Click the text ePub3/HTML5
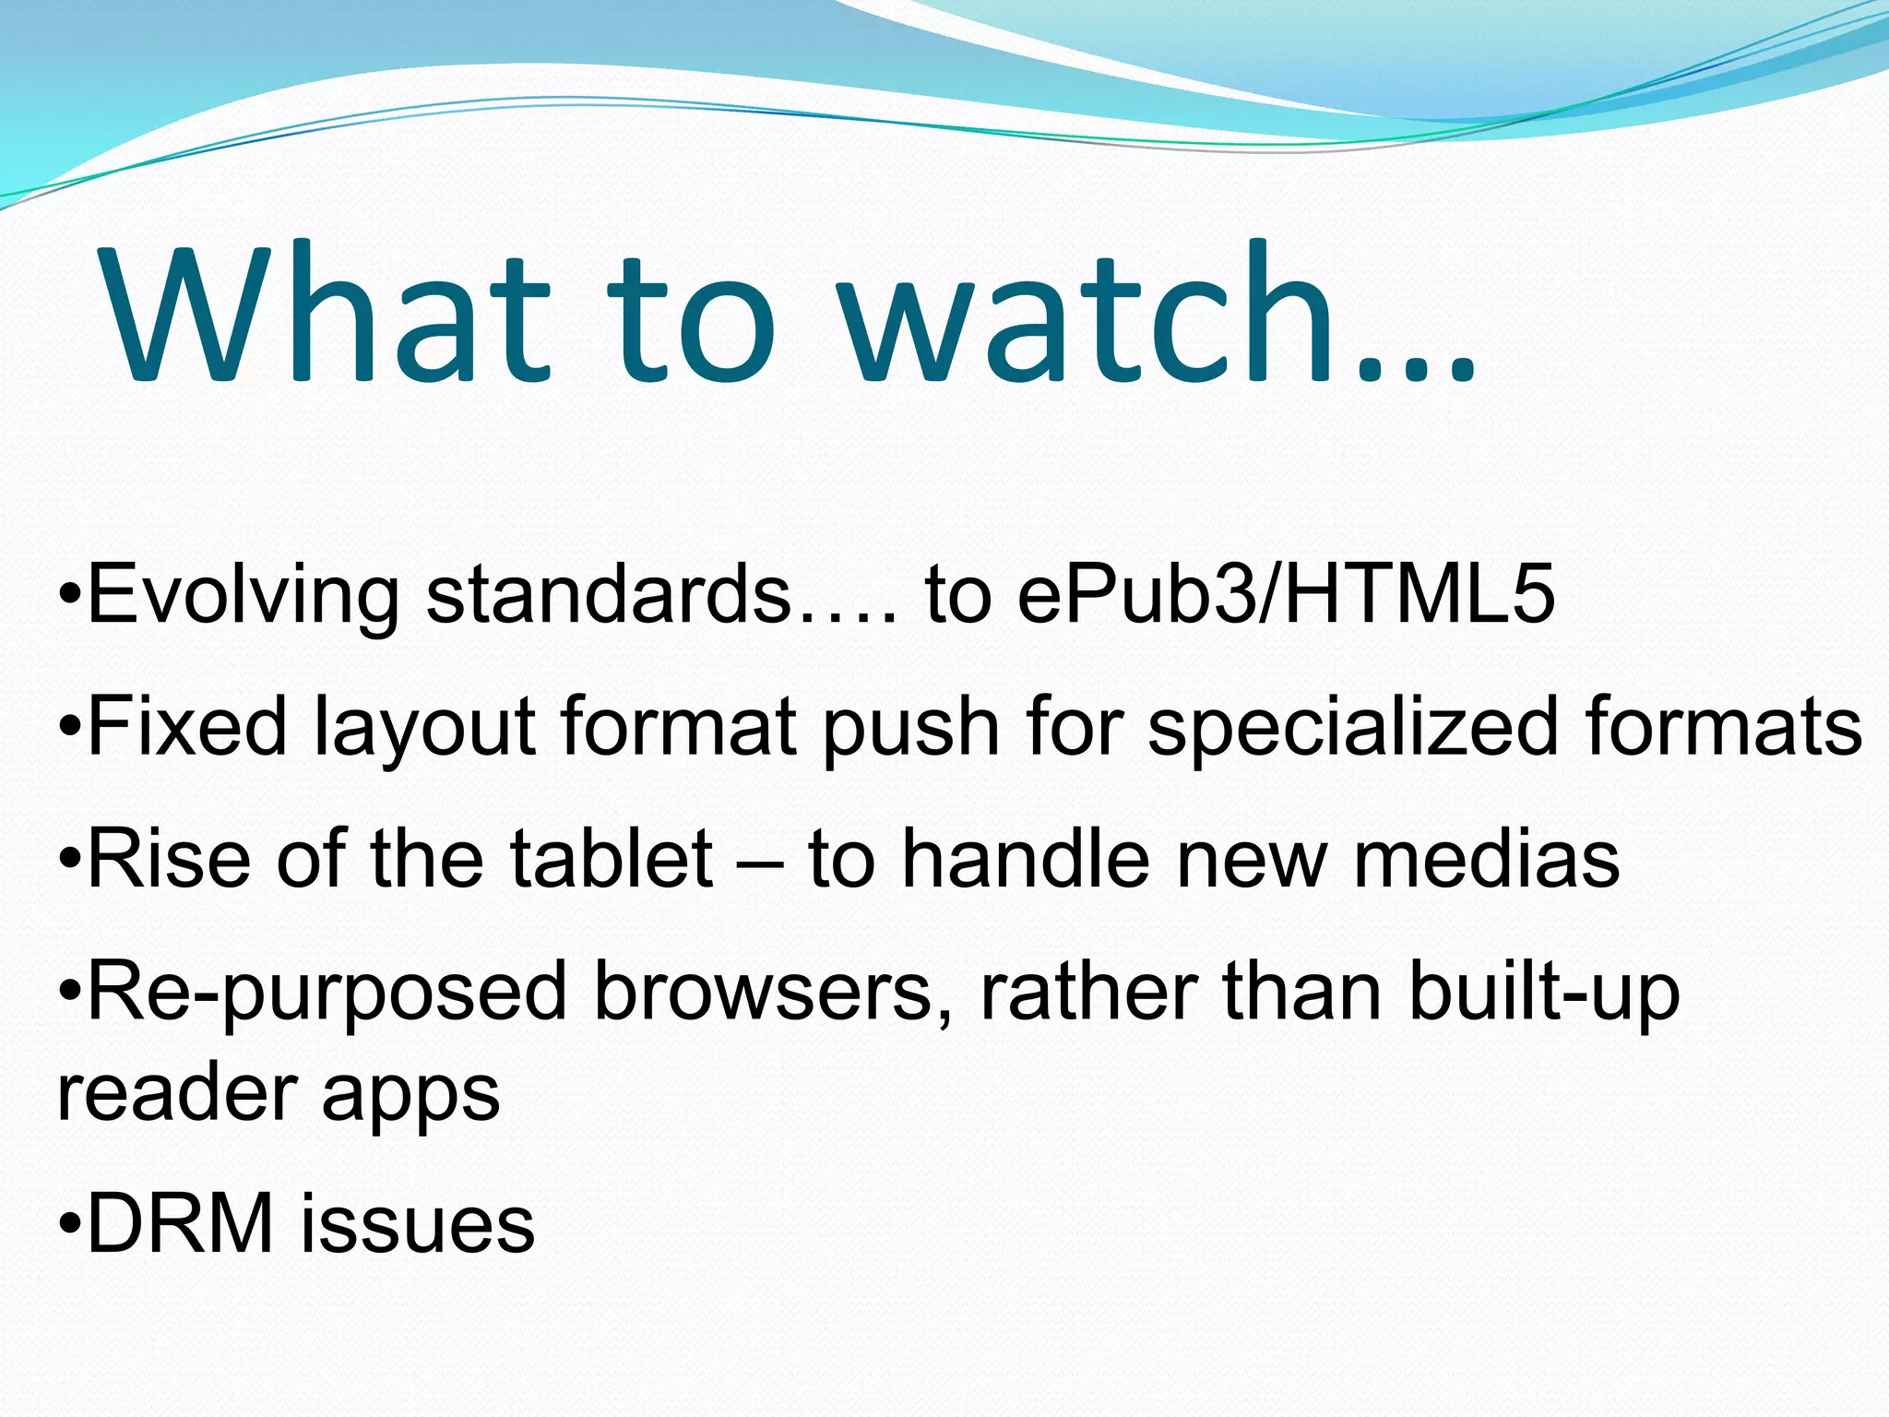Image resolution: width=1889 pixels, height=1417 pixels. click(1286, 595)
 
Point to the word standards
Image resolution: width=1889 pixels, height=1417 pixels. click(609, 595)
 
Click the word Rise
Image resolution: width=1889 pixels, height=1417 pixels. click(170, 860)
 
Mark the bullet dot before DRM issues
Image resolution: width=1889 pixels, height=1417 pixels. click(69, 1226)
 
